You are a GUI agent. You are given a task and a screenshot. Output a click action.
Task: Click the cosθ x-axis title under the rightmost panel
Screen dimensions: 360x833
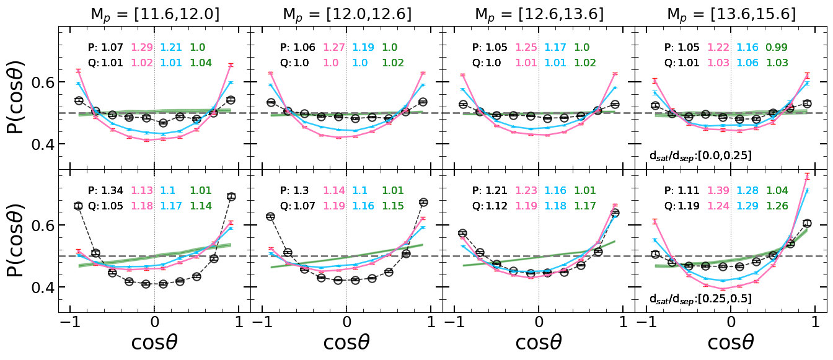point(731,343)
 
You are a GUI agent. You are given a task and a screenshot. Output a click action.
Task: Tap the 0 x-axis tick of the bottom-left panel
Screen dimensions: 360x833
point(154,325)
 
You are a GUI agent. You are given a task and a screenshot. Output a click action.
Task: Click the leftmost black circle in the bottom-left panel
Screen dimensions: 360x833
point(78,206)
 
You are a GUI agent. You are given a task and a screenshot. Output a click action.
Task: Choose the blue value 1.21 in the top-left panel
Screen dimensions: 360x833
point(172,47)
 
